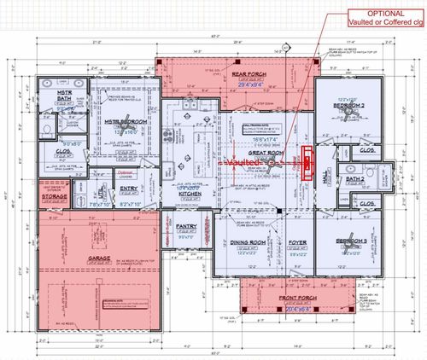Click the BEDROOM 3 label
click(x=350, y=241)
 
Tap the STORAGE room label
click(x=55, y=196)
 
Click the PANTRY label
click(x=186, y=227)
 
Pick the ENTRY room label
click(x=130, y=189)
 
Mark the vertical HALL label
click(x=325, y=176)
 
